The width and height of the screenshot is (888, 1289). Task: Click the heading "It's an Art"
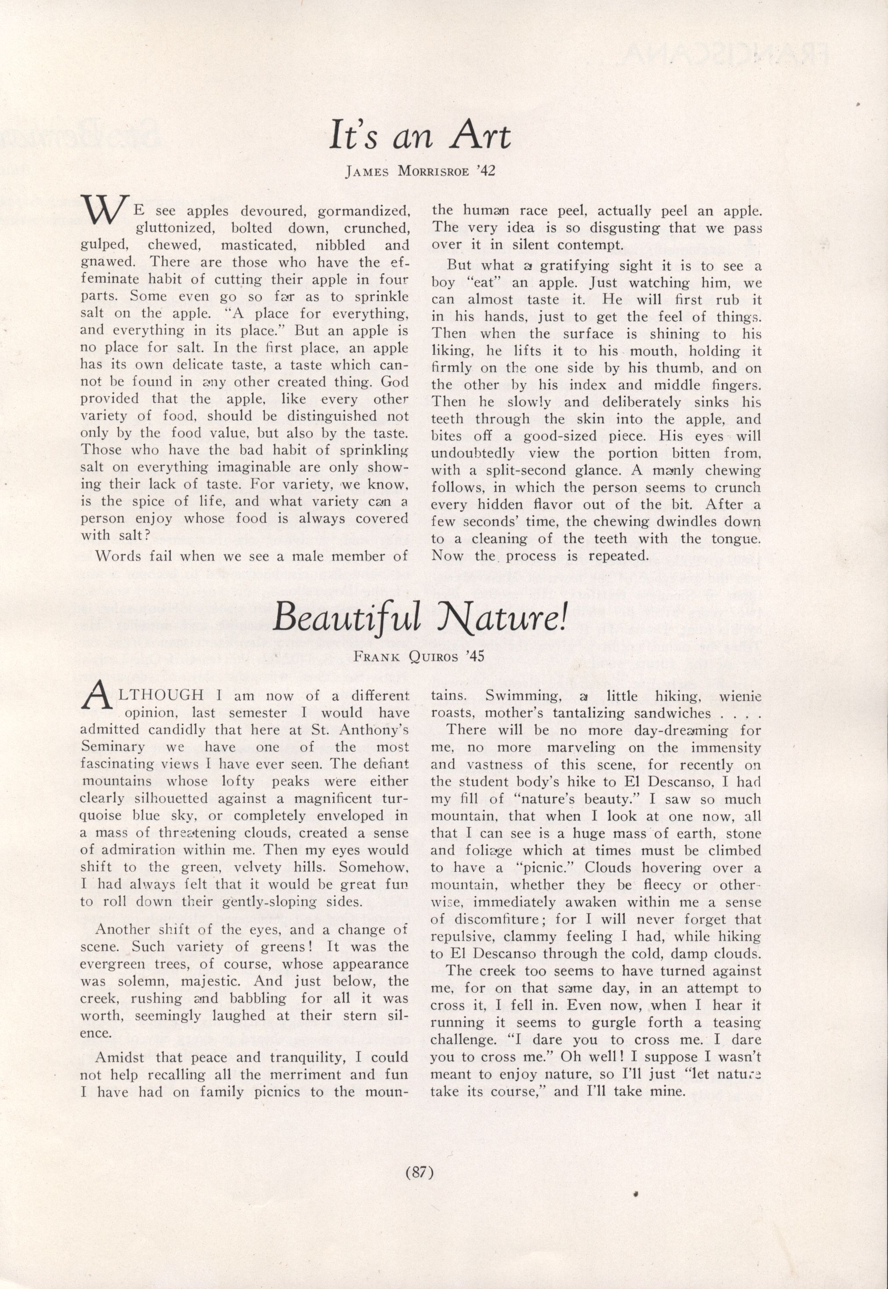click(x=419, y=136)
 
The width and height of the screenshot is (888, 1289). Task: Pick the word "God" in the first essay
click(x=395, y=382)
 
